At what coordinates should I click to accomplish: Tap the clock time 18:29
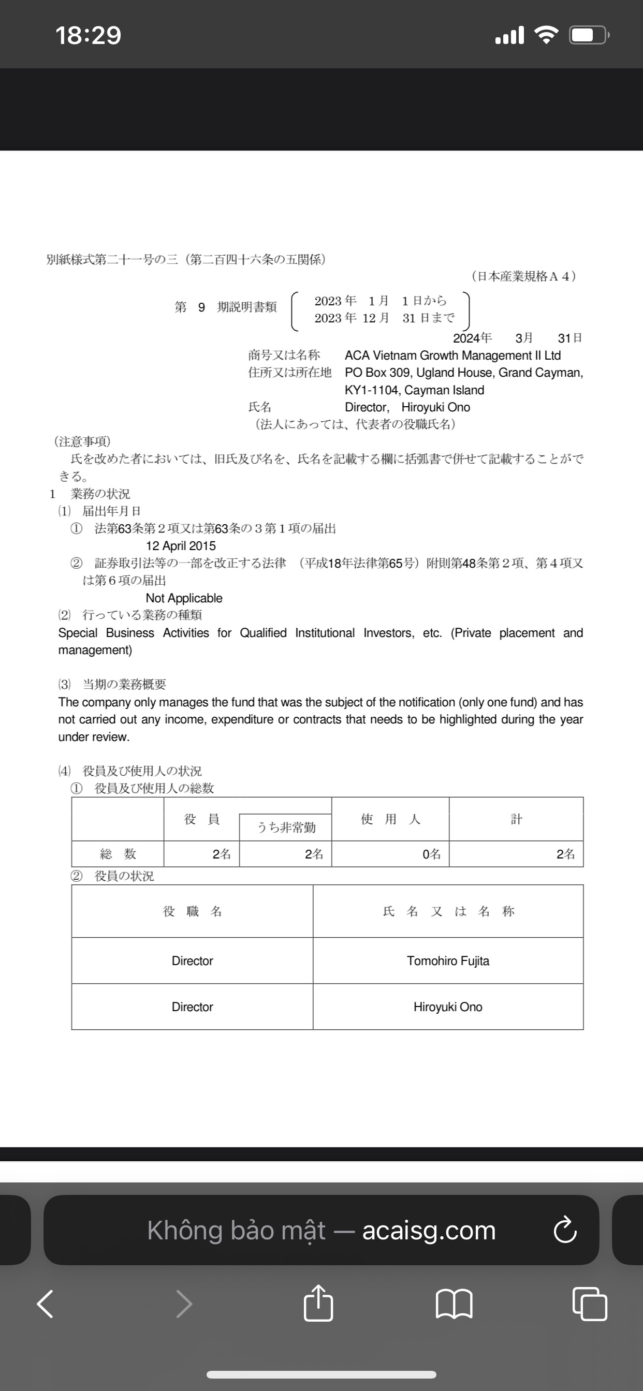point(88,36)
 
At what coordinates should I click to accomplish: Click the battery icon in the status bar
point(589,36)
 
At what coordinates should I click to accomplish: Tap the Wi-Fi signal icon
point(546,36)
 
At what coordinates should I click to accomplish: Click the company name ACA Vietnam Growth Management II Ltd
point(452,356)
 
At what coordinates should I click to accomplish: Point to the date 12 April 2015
point(181,546)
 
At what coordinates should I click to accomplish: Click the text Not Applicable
point(184,598)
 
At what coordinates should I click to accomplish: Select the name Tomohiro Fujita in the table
point(448,961)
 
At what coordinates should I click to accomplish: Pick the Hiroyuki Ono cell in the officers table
point(448,1007)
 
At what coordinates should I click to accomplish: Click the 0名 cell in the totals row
point(431,854)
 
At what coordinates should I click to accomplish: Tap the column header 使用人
point(390,819)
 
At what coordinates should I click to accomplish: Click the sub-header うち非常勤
point(286,827)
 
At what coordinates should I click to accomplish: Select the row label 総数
point(118,854)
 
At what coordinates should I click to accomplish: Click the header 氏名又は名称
point(448,911)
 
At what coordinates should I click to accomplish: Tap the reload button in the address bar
point(565,1230)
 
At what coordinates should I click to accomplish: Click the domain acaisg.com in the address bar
point(429,1231)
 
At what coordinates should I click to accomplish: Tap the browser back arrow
point(46,1304)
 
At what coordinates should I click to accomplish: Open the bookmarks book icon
point(454,1304)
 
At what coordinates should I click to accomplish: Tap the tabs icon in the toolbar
point(589,1304)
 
